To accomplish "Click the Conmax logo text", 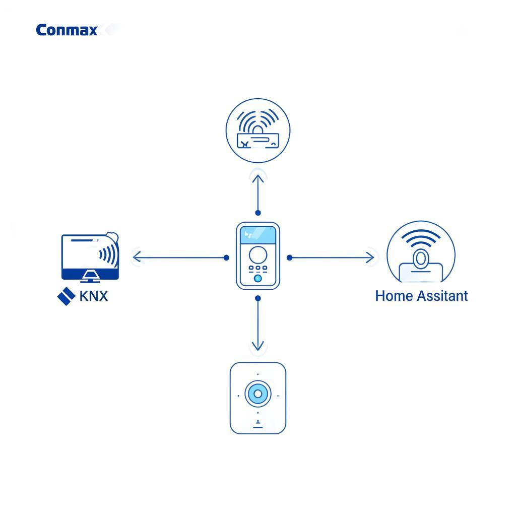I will [x=67, y=30].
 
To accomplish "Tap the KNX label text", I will [x=94, y=296].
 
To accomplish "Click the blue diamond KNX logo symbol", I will [x=67, y=296].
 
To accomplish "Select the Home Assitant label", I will [x=421, y=296].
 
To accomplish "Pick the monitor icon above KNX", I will [x=90, y=256].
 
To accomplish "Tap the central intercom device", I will [x=257, y=256].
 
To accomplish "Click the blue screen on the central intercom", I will [x=257, y=235].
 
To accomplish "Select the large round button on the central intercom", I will [x=257, y=253].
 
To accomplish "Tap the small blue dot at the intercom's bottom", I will [x=257, y=278].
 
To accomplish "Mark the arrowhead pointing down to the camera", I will [x=257, y=346].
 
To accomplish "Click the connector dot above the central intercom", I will [x=258, y=213].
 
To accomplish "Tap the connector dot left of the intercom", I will [x=226, y=258].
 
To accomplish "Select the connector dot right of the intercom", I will [x=289, y=258].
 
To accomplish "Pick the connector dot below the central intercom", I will [x=258, y=298].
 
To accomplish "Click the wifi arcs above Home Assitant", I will [x=421, y=237].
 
